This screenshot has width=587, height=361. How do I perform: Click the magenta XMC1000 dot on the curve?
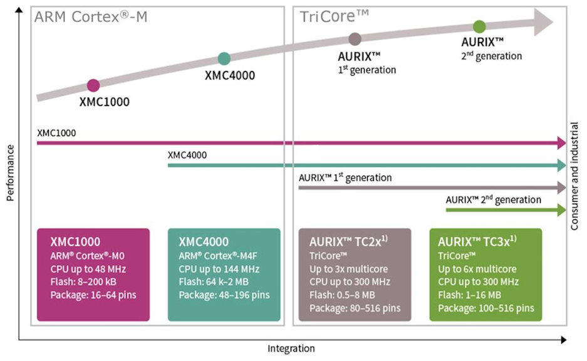click(93, 85)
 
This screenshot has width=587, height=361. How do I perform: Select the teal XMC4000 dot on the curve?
click(224, 59)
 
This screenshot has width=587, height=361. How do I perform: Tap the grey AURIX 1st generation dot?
click(355, 39)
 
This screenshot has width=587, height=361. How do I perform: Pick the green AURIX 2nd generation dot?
click(479, 26)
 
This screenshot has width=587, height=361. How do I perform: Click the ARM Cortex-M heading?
click(91, 17)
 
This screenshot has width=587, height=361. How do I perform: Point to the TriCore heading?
click(335, 16)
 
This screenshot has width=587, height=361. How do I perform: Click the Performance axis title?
click(10, 173)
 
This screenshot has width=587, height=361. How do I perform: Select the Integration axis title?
click(291, 348)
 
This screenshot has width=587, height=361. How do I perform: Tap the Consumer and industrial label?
click(574, 175)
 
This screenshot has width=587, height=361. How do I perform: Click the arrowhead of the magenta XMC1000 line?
click(561, 143)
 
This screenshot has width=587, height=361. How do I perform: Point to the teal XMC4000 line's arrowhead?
click(561, 165)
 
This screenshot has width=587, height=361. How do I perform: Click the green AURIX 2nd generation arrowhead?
click(561, 210)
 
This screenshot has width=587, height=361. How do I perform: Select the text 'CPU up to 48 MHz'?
click(88, 269)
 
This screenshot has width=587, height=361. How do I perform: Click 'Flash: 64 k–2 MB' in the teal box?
click(214, 281)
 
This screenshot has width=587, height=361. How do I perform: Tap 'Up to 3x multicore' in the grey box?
click(348, 269)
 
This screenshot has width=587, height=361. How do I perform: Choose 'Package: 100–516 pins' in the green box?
click(486, 308)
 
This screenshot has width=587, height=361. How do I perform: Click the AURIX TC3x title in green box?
click(477, 241)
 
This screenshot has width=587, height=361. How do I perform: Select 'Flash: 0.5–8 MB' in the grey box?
click(342, 295)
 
